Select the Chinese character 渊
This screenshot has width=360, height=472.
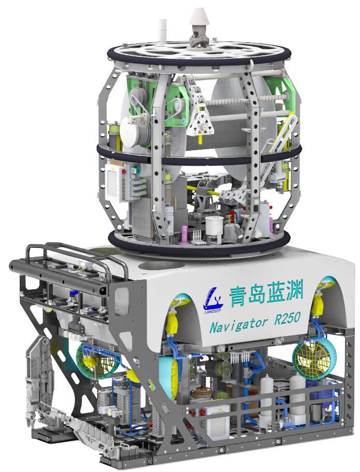click(293, 290)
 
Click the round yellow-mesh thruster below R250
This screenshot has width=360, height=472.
click(315, 358)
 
